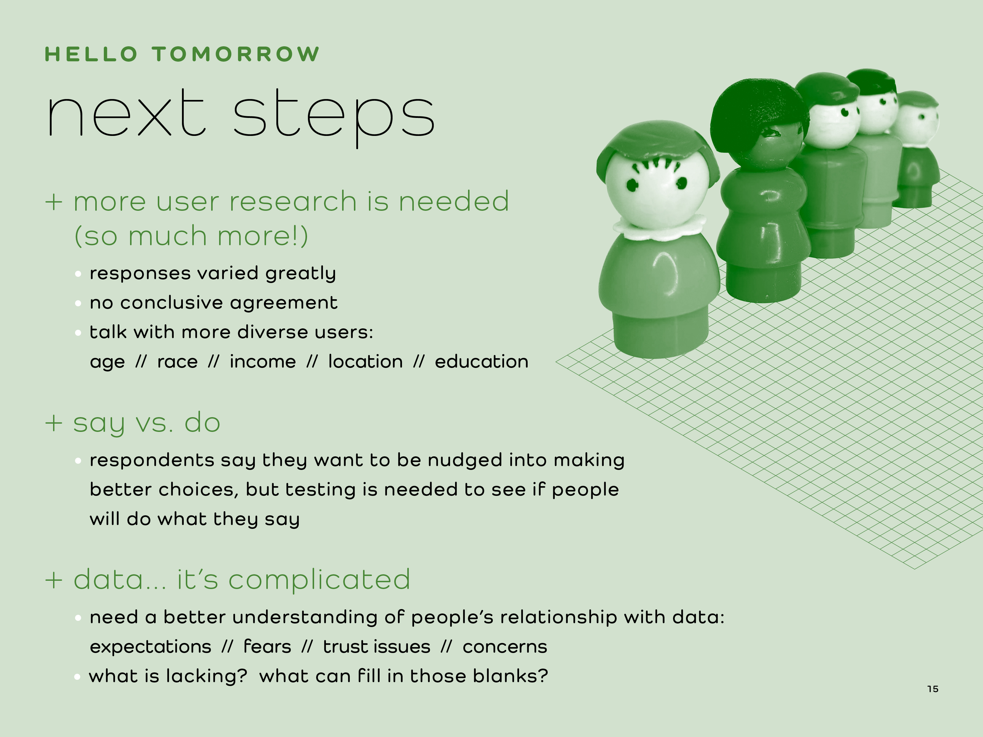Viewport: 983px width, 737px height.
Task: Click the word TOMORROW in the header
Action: coord(236,54)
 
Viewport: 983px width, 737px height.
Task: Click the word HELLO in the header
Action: coord(91,54)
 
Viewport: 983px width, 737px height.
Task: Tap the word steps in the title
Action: coord(333,116)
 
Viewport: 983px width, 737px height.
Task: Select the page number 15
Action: coord(933,689)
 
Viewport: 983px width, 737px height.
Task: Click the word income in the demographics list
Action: coord(263,362)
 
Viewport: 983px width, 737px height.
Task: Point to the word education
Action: coord(482,362)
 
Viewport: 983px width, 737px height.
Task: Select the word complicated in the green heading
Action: coord(319,580)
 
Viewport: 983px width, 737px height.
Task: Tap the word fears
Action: coord(267,646)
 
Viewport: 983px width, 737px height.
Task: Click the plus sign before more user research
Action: coord(53,202)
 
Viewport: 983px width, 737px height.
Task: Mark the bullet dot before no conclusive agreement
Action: coord(78,303)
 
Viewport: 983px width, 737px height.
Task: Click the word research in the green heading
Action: coord(293,201)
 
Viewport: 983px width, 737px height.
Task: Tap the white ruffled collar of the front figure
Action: coord(659,227)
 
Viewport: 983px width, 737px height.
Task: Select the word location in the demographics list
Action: coord(365,362)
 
